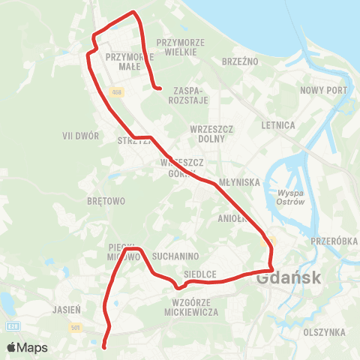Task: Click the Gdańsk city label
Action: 289,278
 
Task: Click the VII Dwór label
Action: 81,136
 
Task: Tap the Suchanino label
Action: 175,256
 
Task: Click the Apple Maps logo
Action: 27,347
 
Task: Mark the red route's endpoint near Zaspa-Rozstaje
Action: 160,88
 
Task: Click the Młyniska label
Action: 238,182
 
